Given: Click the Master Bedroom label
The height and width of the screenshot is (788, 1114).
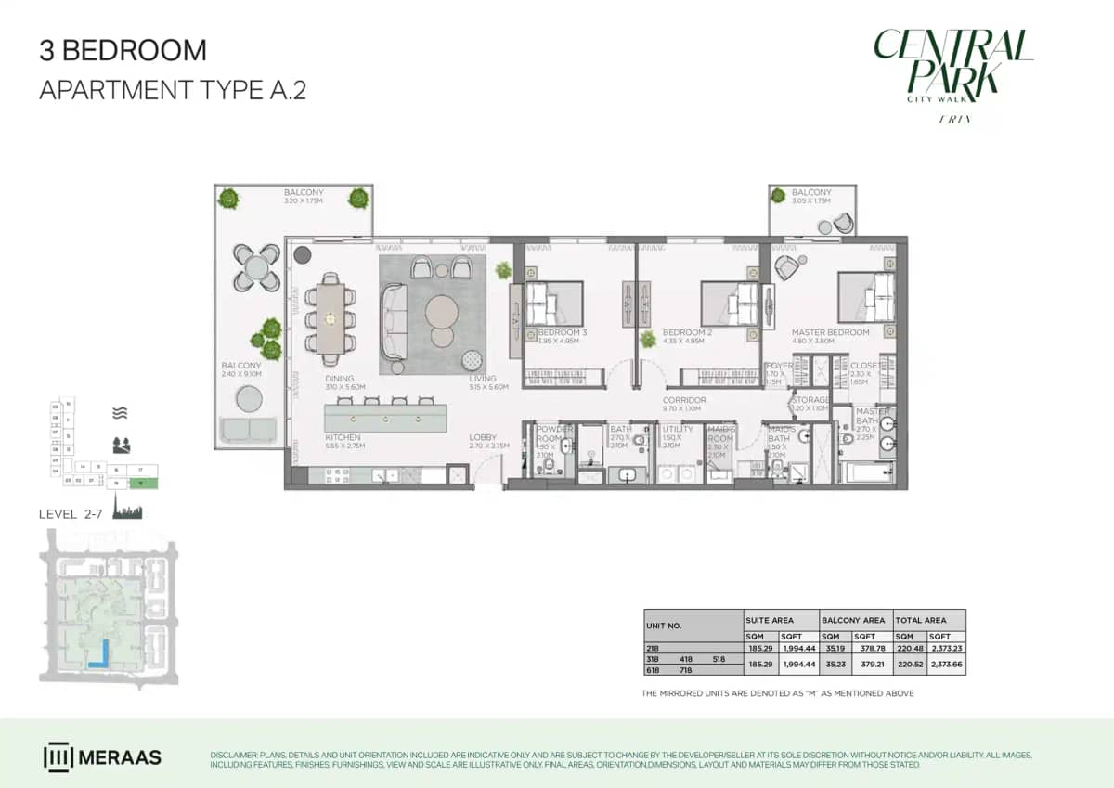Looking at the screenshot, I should coord(830,332).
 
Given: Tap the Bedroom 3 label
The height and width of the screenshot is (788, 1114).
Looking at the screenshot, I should coord(563,332).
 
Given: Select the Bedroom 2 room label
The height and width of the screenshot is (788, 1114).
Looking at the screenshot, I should coord(687,332).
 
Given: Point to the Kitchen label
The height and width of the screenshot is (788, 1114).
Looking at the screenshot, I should coord(343,437).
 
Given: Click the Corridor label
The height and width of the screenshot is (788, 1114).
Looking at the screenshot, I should coord(684,400).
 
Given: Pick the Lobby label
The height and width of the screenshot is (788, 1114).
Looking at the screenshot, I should coord(482,437).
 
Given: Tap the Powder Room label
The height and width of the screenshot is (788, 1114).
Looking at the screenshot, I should coord(554,433).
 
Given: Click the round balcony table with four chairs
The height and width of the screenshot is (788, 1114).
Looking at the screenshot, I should coord(256,267).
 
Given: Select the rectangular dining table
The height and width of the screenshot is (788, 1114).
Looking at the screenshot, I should coord(330,318).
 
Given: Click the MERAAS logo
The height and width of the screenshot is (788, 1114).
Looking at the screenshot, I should coord(102,756).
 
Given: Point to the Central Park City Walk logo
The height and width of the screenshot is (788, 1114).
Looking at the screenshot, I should coord(952,70).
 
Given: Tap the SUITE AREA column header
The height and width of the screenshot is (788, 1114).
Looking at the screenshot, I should coord(769,619).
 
